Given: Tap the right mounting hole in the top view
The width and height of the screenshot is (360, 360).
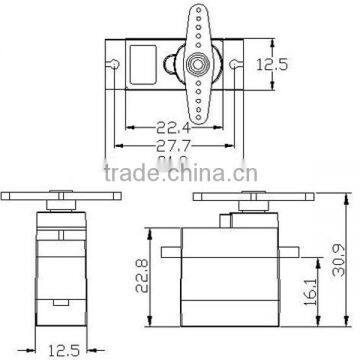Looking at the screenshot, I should [x=236, y=65].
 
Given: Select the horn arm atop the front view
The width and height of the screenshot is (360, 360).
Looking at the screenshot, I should [x=65, y=196].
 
